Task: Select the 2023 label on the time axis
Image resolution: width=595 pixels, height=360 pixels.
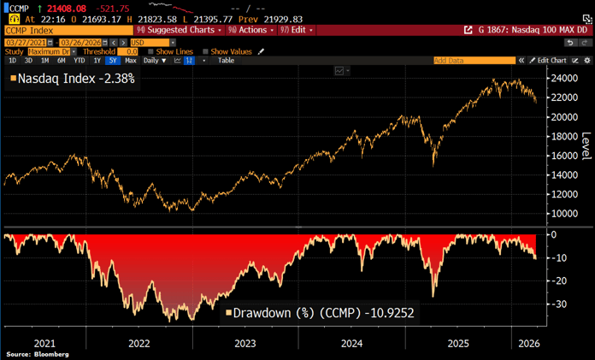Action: (x=244, y=343)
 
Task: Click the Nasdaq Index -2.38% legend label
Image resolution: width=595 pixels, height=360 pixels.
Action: (x=72, y=78)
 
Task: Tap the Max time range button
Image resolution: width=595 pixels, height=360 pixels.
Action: (x=130, y=61)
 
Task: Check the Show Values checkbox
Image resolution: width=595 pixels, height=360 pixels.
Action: (x=206, y=51)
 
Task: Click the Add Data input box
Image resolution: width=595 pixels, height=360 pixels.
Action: (x=474, y=61)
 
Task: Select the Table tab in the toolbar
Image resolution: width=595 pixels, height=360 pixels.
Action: (x=226, y=61)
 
